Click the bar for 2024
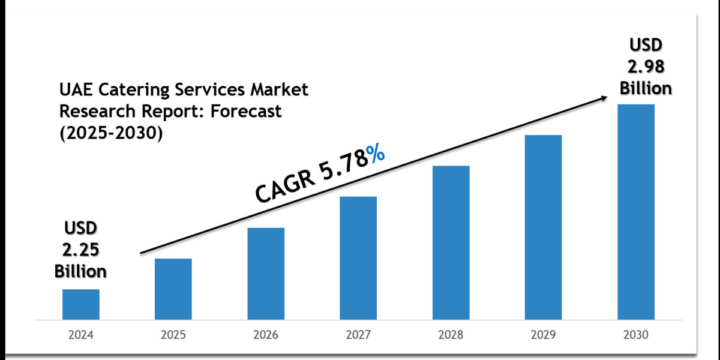click(81, 304)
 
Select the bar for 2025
click(173, 289)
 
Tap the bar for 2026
click(266, 274)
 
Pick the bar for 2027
click(358, 258)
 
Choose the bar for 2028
click(451, 242)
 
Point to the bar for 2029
click(544, 227)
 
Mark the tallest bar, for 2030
click(636, 211)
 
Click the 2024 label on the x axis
click(81, 335)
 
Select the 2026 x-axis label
click(266, 335)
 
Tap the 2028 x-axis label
click(451, 335)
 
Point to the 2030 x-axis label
click(636, 335)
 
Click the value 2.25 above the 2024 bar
click(80, 250)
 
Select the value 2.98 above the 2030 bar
click(646, 66)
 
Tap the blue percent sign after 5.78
click(376, 156)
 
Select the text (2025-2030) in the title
click(111, 134)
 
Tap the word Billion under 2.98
click(646, 88)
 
